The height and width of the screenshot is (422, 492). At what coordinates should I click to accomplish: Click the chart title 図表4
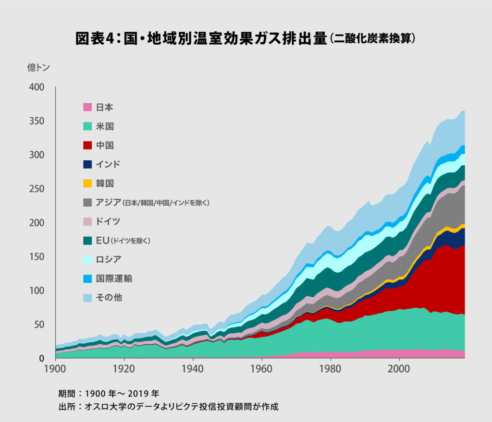click(x=245, y=39)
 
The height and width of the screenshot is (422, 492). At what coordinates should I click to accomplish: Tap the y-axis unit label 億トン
click(x=38, y=67)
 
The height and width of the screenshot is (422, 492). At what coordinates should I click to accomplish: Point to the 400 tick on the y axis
click(x=37, y=87)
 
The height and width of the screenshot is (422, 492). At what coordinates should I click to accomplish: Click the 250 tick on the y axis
click(x=37, y=189)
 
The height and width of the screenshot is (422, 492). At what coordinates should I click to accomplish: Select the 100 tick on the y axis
click(x=37, y=291)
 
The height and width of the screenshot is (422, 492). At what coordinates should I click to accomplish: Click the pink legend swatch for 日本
click(x=87, y=107)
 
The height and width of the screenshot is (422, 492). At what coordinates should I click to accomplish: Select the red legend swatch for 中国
click(x=87, y=145)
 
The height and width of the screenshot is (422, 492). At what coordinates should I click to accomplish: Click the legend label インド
click(x=108, y=164)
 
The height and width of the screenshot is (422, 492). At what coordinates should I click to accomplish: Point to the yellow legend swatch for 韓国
click(x=87, y=183)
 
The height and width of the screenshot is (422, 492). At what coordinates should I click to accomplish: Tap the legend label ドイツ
click(x=108, y=221)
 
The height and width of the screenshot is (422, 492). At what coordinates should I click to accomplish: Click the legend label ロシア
click(x=108, y=259)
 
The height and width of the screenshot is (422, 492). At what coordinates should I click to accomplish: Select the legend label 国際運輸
click(x=114, y=278)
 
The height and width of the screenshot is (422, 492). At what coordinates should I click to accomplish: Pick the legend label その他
click(x=109, y=298)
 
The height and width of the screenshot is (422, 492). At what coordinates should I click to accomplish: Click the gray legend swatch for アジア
click(x=87, y=203)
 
